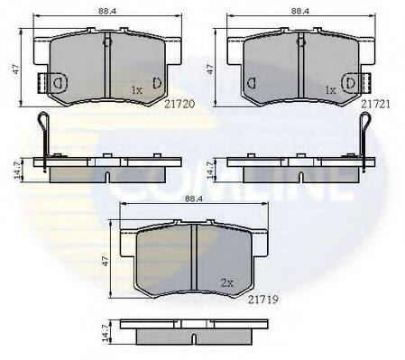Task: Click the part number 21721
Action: [x=375, y=105]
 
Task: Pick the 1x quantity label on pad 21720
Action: [x=136, y=91]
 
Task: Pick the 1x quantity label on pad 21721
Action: [x=331, y=91]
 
